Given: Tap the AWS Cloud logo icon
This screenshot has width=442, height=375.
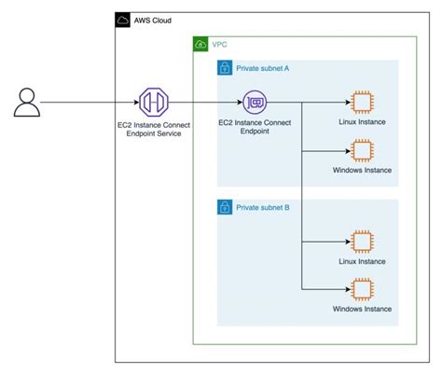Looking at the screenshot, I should tap(123, 19).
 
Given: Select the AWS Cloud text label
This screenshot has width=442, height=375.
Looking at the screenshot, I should tap(153, 20).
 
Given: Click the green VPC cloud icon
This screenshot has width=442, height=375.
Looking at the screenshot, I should tap(200, 44).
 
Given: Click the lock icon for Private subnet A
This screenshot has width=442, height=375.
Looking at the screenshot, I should tap(225, 68).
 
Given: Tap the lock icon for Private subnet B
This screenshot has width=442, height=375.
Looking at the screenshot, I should tap(225, 206).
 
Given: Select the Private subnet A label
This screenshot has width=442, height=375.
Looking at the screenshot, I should tap(263, 68).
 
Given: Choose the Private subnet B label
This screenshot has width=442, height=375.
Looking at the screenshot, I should tap(263, 206).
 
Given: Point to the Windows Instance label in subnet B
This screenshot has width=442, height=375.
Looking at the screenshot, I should tap(362, 309).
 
